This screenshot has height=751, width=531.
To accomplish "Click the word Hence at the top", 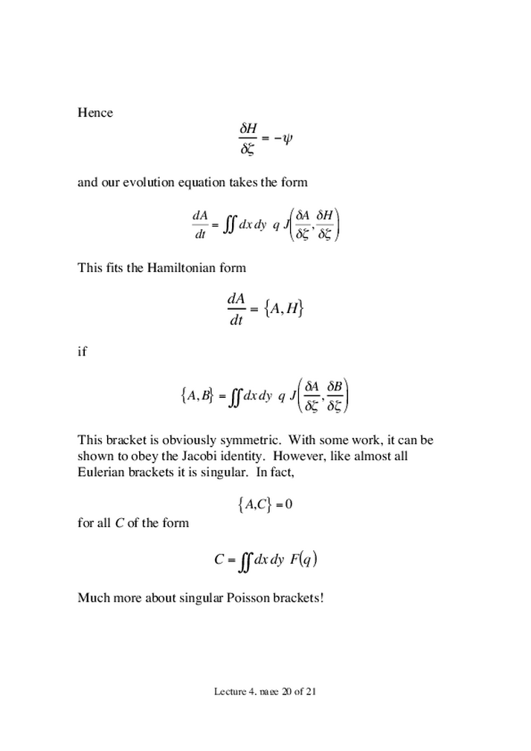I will coord(95,113).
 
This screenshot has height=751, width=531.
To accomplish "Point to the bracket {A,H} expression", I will coord(283,310).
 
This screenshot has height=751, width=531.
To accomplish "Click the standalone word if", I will coord(82,352).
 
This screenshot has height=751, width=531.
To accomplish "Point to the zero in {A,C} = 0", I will coord(289,505).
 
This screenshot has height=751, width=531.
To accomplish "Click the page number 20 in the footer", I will coord(289,692).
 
